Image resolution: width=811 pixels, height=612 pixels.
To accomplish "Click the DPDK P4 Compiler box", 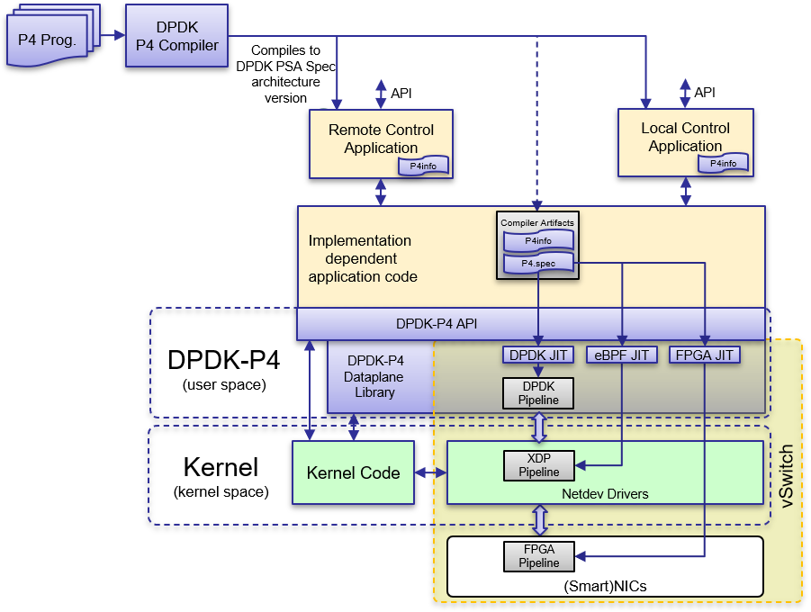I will pos(176,35).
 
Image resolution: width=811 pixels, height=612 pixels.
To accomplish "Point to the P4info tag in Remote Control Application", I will pos(424,166).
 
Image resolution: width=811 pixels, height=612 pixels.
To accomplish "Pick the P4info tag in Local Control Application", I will pos(723,164).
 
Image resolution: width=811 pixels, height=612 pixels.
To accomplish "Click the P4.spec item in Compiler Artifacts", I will pos(537,265).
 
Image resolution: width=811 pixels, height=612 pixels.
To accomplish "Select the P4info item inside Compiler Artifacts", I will pos(537,240).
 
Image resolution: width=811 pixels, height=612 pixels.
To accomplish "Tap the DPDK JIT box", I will pos(538,355).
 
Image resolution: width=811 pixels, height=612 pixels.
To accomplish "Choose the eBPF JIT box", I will pos(621,355).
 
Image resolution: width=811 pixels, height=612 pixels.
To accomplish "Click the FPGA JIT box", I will pos(705,355).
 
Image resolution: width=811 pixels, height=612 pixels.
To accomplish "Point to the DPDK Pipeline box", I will pos(538,393).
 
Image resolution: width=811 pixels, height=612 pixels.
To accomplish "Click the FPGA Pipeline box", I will pos(538,556).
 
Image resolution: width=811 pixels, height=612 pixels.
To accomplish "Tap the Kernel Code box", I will pos(353,472).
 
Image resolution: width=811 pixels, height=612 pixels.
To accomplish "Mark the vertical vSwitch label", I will pos(786,474).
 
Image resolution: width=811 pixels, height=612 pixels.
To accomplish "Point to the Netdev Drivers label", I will pos(605,493).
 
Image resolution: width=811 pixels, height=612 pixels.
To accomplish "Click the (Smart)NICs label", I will pos(605,586).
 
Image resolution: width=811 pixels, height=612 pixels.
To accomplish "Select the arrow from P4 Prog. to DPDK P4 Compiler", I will pos(113,36).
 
